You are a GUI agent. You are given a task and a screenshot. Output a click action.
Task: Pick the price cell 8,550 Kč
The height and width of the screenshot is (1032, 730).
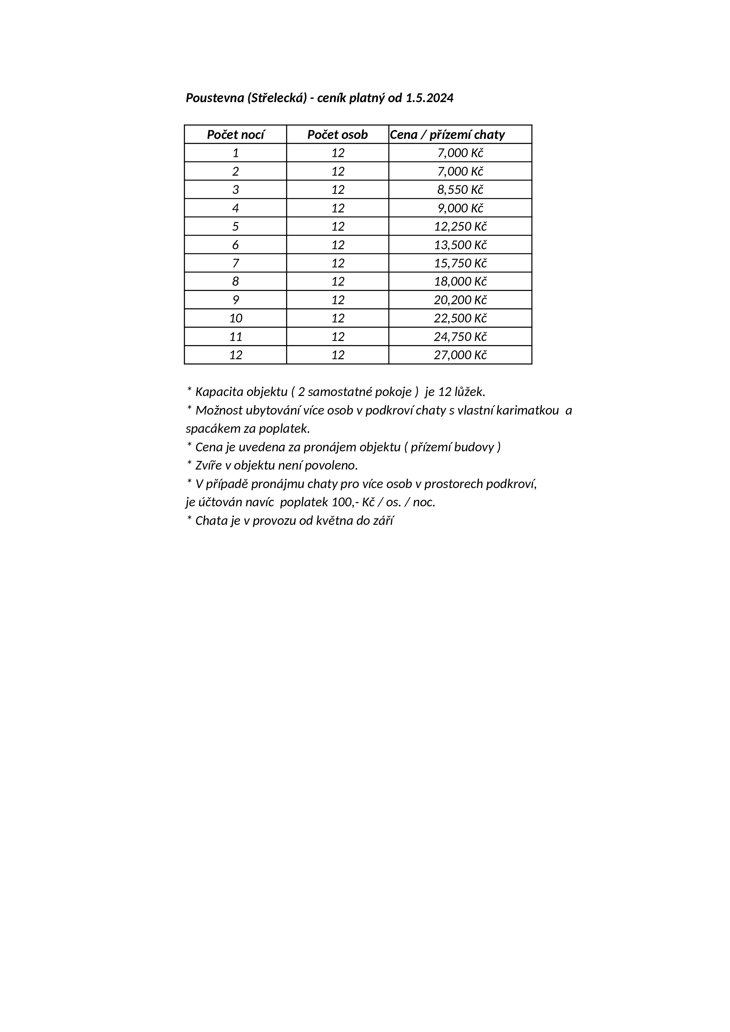coord(460,190)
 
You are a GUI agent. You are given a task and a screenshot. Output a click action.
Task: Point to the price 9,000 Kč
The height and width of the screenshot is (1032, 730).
coord(460,208)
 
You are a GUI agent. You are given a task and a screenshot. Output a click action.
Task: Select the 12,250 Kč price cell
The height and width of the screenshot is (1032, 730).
coord(460,227)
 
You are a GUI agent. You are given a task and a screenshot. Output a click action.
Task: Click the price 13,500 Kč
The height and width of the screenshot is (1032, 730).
coord(460,245)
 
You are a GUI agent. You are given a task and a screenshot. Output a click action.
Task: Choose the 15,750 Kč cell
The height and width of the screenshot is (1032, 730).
coord(460,263)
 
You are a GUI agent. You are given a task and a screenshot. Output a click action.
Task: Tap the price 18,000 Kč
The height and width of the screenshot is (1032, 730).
coord(460,281)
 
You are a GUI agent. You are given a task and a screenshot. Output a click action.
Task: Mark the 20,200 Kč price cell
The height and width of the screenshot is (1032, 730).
coord(460,300)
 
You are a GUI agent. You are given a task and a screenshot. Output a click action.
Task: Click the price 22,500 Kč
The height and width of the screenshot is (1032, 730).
coord(460,318)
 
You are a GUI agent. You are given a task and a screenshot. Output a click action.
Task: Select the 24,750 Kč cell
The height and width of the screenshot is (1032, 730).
coord(460,337)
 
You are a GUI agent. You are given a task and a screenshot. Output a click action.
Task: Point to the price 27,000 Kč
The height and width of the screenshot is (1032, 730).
coord(460,355)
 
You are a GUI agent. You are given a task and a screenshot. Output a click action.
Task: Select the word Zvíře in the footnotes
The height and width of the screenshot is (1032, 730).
coord(208,465)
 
